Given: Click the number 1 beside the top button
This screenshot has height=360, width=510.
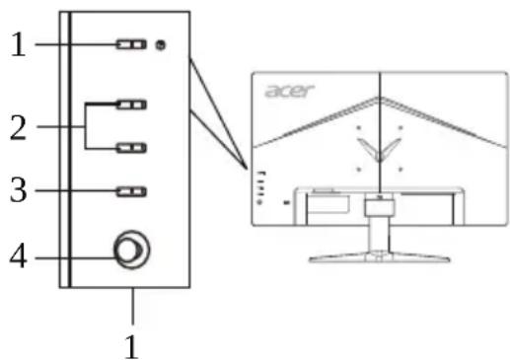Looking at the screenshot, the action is coord(18,45).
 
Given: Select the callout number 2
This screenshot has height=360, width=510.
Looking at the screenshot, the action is coord(18,127).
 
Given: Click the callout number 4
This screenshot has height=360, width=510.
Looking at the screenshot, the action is coord(18,258).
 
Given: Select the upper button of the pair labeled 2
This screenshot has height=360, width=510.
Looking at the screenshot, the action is coord(130,102).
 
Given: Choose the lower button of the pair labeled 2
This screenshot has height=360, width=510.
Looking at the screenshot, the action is coord(130,148).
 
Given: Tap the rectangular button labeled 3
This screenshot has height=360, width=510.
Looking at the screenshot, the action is coord(130,191).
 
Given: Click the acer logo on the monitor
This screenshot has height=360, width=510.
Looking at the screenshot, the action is coord(289,92).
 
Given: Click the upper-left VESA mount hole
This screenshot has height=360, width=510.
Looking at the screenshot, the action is coord(357,126).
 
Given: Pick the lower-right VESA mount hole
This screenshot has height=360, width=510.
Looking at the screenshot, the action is coord(401,168).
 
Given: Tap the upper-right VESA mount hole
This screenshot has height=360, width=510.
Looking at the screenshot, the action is coord(401,126).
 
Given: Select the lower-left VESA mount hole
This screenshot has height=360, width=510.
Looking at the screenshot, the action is coord(357,168).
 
